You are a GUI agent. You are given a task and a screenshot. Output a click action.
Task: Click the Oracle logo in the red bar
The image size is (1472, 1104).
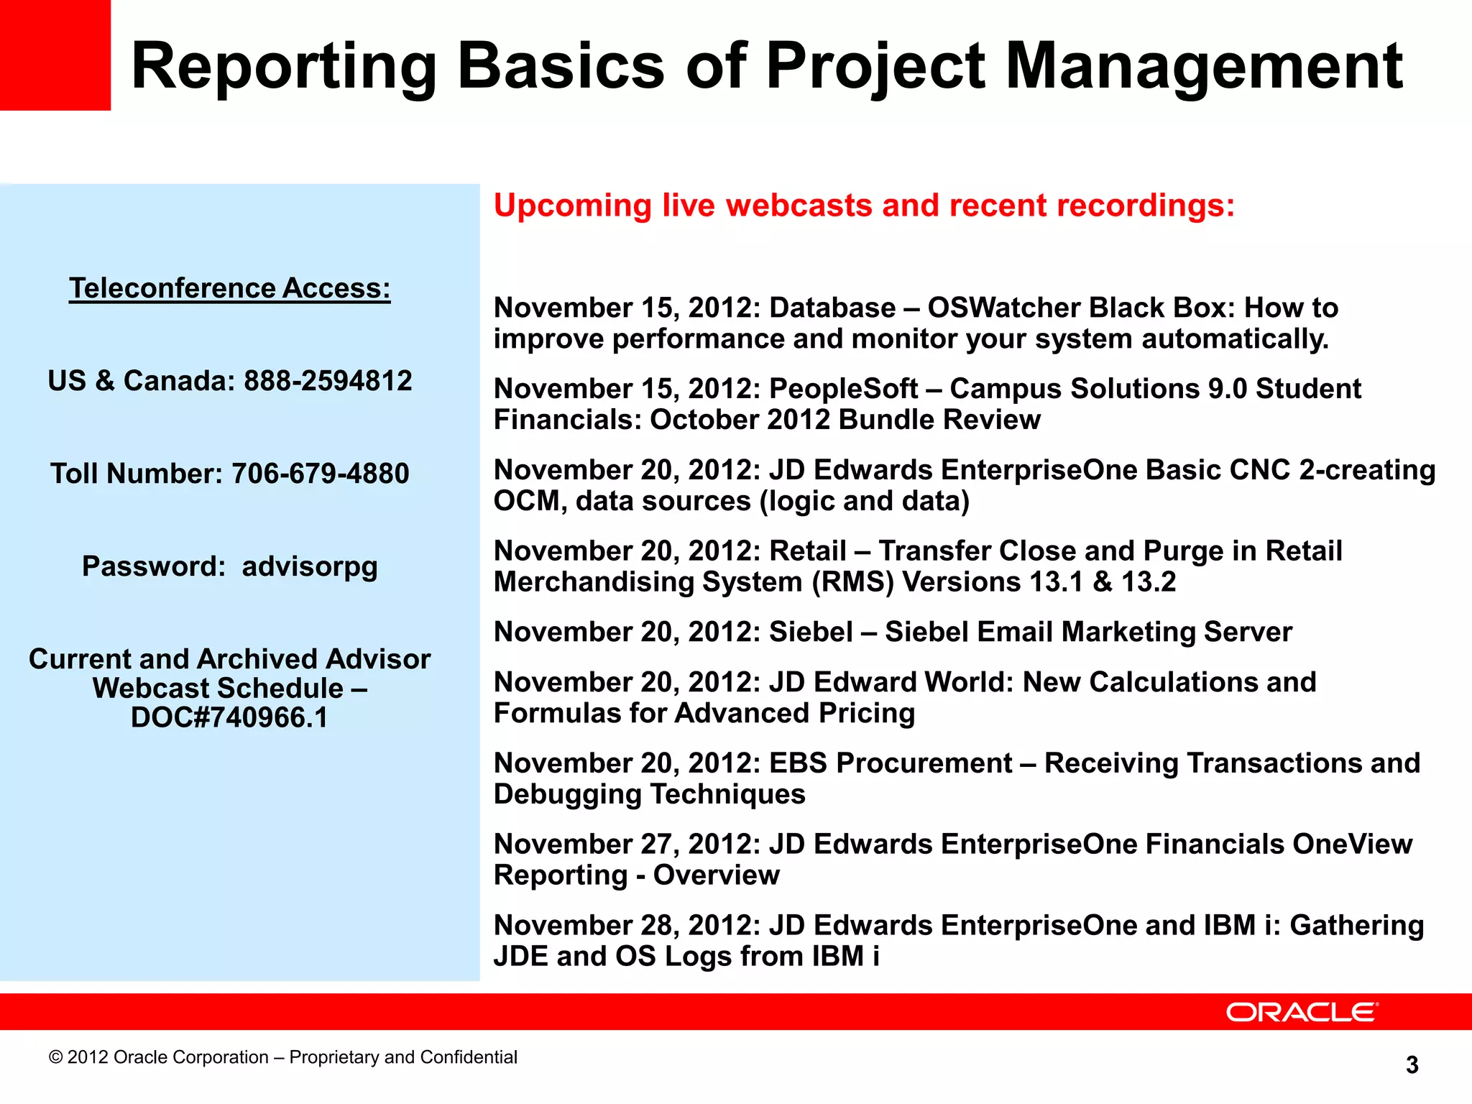tap(1302, 1012)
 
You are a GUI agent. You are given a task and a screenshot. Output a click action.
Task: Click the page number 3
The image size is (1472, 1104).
tap(1412, 1064)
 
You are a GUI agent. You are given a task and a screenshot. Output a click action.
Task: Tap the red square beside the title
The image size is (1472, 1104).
tap(55, 55)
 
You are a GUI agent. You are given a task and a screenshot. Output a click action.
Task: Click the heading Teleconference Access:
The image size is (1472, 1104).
tap(230, 288)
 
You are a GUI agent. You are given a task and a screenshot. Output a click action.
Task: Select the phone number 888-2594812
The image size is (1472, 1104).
tap(328, 381)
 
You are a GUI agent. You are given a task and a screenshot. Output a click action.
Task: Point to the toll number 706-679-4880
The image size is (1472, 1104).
tap(320, 474)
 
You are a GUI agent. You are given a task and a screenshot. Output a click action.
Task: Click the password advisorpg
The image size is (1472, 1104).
tap(309, 567)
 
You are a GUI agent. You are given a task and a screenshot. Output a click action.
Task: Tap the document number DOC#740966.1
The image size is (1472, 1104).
tap(229, 718)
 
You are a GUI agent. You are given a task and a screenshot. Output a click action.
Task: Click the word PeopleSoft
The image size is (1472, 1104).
tap(843, 389)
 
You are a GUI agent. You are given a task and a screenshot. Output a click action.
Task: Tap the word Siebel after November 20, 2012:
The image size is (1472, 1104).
tap(811, 632)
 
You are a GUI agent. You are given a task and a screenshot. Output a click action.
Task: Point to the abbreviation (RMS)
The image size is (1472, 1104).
tap(852, 582)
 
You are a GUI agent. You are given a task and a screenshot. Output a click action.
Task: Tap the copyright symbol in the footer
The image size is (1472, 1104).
tap(55, 1057)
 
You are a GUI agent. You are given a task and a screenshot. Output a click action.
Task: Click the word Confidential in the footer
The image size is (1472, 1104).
tap(468, 1057)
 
